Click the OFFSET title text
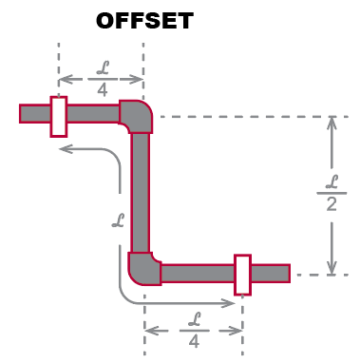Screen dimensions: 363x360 click(x=143, y=19)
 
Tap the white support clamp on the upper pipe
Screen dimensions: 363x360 click(x=58, y=115)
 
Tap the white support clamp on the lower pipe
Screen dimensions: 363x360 click(x=242, y=274)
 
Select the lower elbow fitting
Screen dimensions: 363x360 click(x=142, y=268)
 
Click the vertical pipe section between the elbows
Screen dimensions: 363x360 click(x=141, y=195)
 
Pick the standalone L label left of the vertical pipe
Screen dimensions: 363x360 click(x=118, y=221)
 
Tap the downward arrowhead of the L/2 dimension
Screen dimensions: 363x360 click(x=332, y=268)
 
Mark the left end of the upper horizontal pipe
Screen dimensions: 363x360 click(x=23, y=114)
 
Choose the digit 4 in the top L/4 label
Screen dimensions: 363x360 click(x=101, y=90)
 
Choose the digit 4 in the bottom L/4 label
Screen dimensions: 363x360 click(x=194, y=340)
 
